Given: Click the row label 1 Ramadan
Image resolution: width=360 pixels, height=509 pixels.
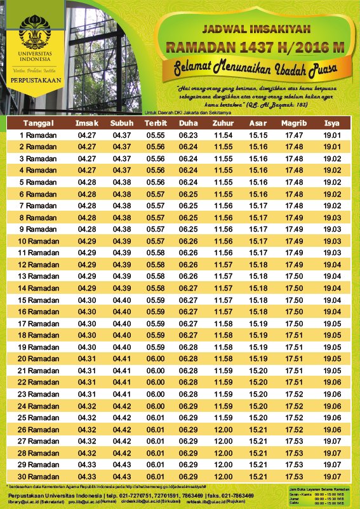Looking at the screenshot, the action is (x=39, y=135).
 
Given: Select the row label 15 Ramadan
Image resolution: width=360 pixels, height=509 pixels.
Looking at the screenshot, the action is (x=39, y=300).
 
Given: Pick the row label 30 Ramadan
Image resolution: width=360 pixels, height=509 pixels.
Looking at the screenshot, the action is (x=39, y=476).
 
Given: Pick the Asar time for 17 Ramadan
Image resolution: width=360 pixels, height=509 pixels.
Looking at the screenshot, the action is (x=258, y=323).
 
